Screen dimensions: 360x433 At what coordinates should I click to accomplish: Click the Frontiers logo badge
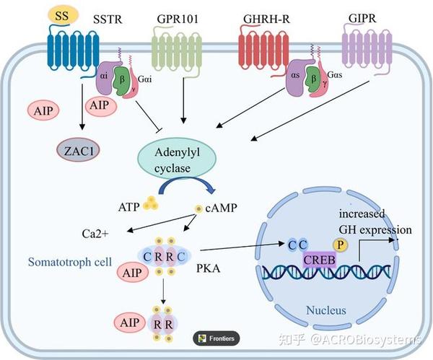[216, 338]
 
